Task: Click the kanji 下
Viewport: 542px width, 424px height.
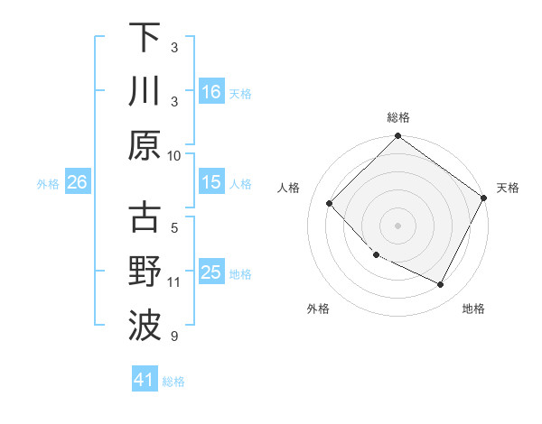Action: [x=145, y=38]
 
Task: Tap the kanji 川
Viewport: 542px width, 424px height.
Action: [x=145, y=91]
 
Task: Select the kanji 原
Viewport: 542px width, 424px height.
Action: [x=145, y=144]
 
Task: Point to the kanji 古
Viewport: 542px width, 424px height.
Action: [x=145, y=219]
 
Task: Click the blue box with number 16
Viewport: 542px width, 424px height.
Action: [x=210, y=91]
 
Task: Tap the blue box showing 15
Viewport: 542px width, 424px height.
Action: [x=210, y=182]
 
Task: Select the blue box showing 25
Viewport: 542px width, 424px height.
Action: [x=210, y=272]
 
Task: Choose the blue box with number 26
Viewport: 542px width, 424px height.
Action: [x=77, y=182]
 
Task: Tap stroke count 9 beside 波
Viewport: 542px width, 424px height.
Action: [x=174, y=336]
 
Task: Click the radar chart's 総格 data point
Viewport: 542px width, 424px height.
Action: [x=397, y=137]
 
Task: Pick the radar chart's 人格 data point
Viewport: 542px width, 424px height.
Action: [x=330, y=203]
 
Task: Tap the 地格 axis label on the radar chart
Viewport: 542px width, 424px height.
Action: [x=473, y=309]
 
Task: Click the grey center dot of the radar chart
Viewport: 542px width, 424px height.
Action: [x=397, y=225]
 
